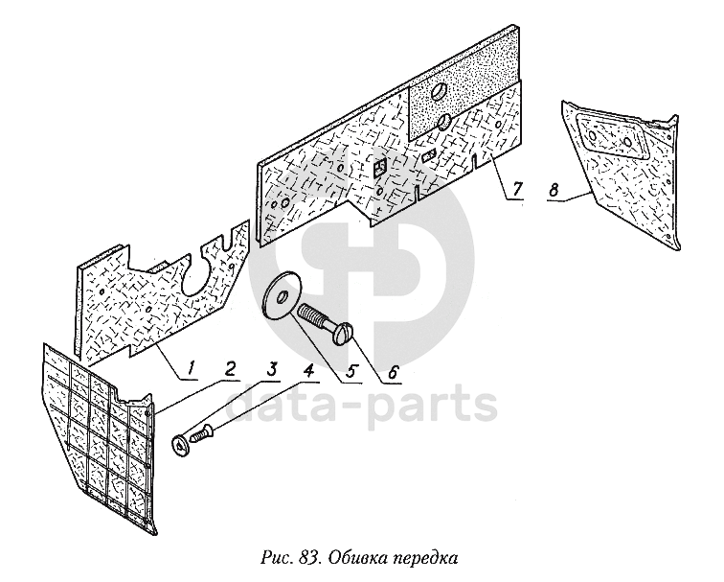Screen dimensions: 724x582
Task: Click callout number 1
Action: pos(191,365)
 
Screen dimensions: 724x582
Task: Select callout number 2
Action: pos(230,365)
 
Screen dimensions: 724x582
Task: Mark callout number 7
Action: pos(517,188)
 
